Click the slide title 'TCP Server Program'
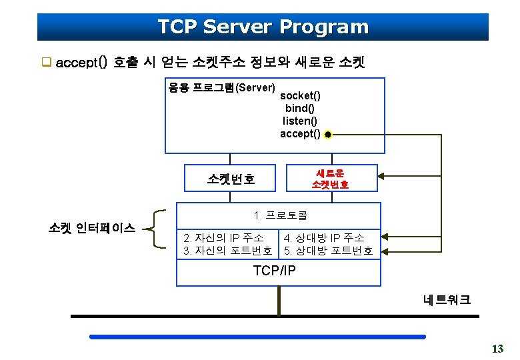[x=263, y=27]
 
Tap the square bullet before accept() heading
[x=47, y=63]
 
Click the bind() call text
[x=300, y=109]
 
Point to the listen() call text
[x=300, y=121]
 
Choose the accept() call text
[x=300, y=134]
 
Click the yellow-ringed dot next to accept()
[x=329, y=135]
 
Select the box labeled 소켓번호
[x=231, y=179]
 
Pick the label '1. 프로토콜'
[x=281, y=215]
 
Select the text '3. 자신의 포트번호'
[x=227, y=251]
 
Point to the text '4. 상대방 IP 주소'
[x=324, y=238]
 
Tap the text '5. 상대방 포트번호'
[x=328, y=251]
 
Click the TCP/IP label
[x=275, y=271]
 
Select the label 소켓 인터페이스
[x=92, y=228]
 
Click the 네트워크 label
[x=447, y=300]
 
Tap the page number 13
[x=497, y=349]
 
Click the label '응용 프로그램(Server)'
[x=221, y=88]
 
